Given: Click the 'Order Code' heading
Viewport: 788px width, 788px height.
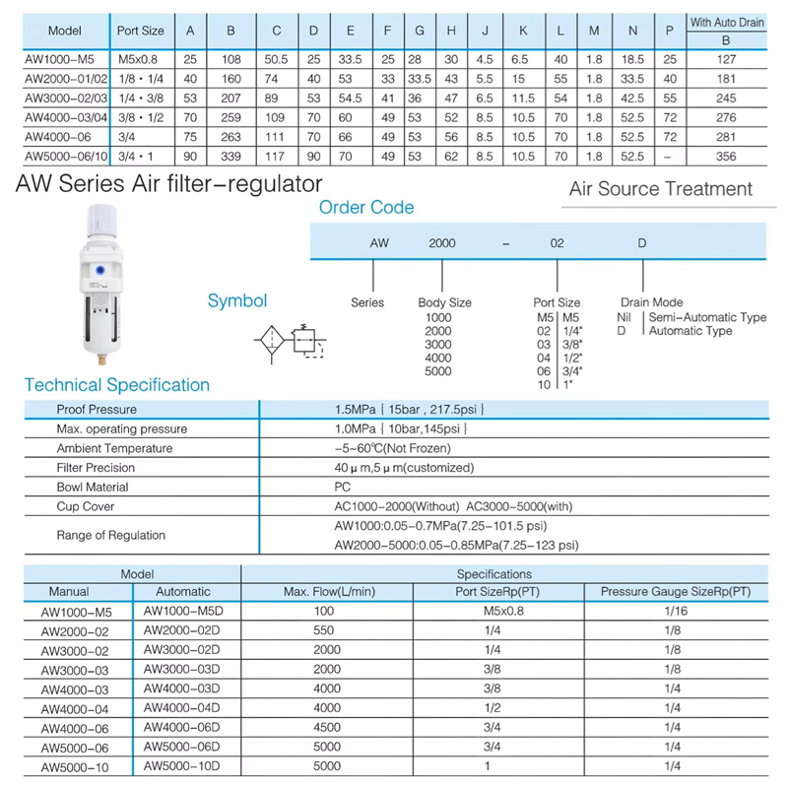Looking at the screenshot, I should coord(366,208).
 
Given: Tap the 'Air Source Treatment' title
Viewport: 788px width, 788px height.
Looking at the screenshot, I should coord(660,189).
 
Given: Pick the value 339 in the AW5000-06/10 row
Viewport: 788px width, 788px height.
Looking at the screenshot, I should coord(231,156).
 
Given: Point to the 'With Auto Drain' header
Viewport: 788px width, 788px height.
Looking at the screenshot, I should coord(727,22).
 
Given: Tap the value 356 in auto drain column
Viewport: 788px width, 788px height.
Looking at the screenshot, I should coord(727,156).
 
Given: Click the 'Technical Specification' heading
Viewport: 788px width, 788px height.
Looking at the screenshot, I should coord(117,385).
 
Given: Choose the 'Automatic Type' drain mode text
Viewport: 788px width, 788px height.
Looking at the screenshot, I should coord(689,331).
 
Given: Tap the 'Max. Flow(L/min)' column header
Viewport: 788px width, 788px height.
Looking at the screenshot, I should coord(327,592).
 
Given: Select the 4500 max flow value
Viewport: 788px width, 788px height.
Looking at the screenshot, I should coord(327,728).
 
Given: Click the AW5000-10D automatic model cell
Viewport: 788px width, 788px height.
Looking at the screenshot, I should coord(184,766).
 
